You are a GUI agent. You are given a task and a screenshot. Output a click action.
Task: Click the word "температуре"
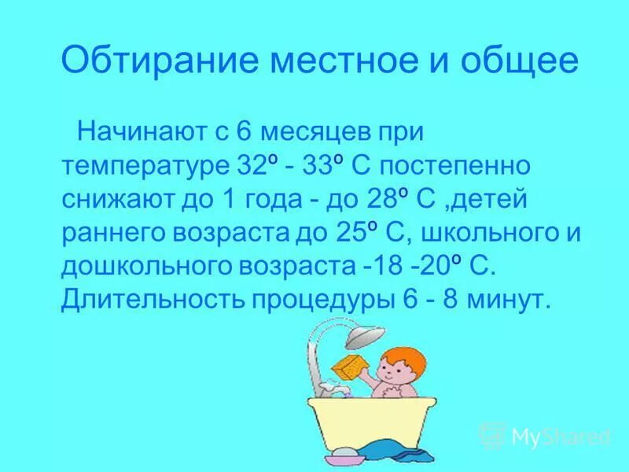coord(144,167)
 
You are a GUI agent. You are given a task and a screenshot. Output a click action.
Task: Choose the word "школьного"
coord(489,233)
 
